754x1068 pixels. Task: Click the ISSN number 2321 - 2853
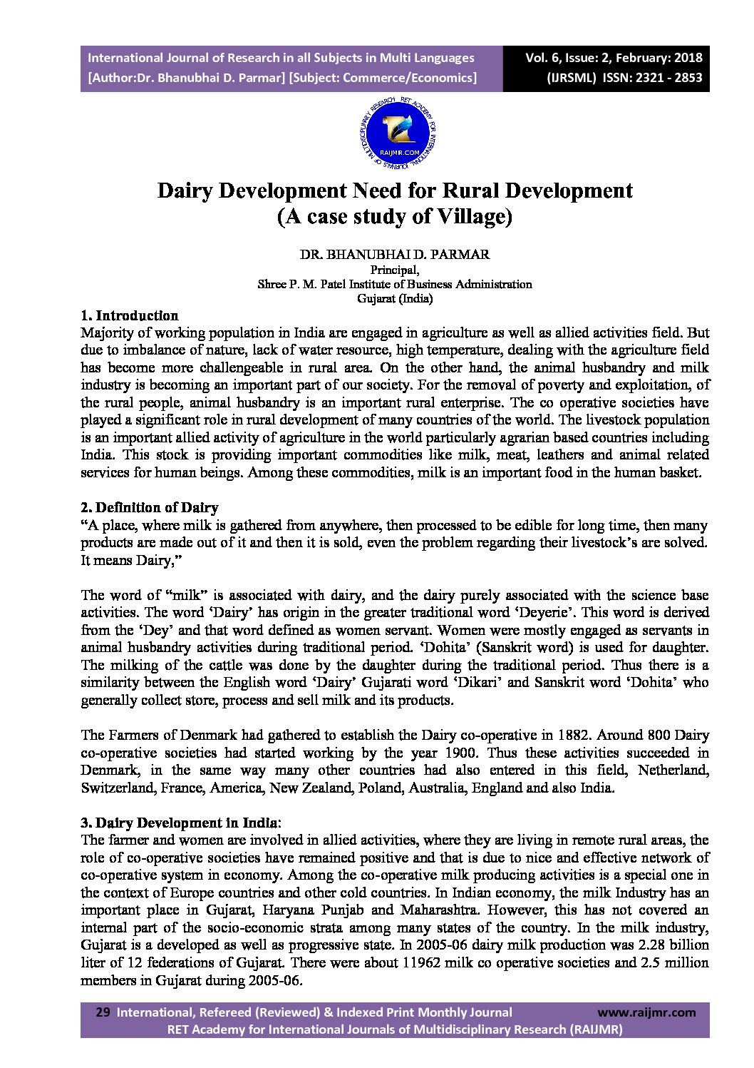click(667, 78)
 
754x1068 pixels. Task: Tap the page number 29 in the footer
click(103, 1012)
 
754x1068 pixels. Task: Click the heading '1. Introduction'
click(130, 315)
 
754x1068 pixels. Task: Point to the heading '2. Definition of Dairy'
click(150, 508)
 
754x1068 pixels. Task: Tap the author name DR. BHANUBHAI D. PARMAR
click(395, 255)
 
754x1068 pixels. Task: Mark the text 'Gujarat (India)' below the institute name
click(395, 298)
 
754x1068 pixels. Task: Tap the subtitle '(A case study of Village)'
click(395, 216)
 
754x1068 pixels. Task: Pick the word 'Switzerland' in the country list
click(118, 788)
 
